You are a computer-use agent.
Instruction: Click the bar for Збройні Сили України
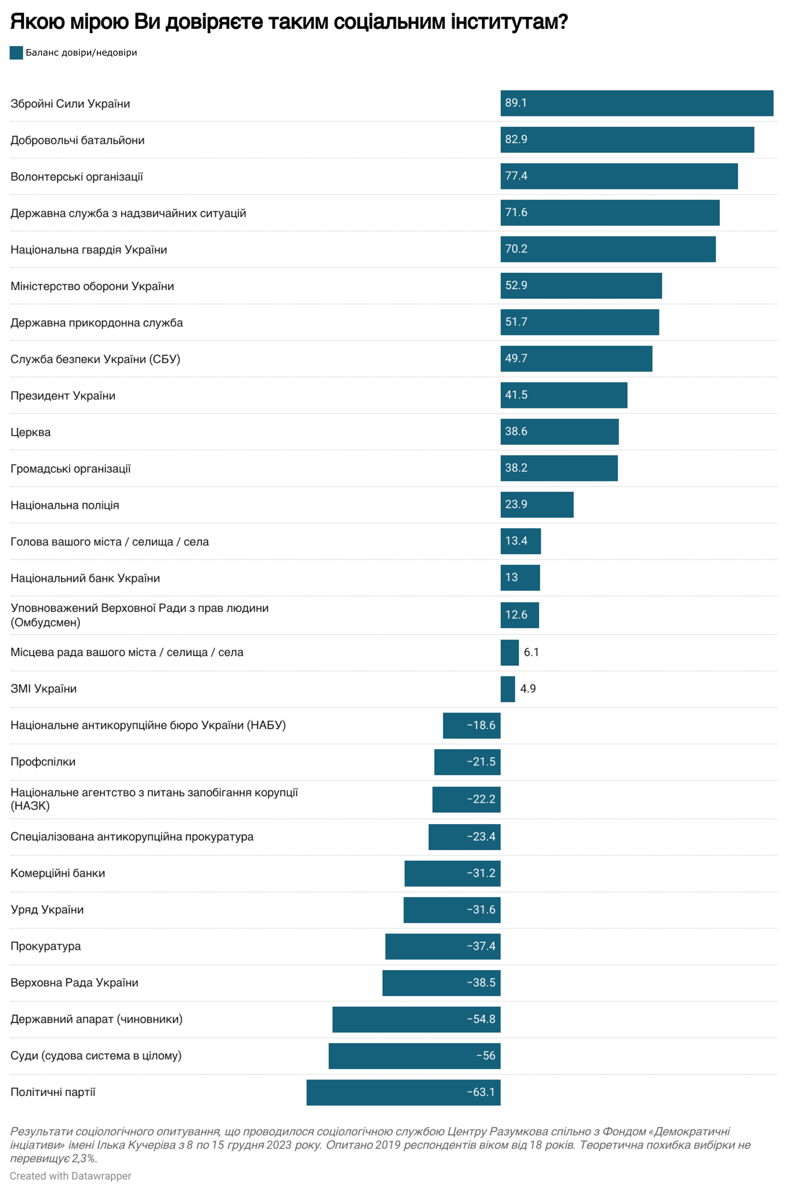click(x=636, y=103)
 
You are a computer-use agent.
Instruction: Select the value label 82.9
click(x=516, y=139)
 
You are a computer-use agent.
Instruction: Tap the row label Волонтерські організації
click(x=76, y=177)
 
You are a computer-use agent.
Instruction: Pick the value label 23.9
click(x=516, y=504)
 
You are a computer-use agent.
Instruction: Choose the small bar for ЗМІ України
click(x=507, y=689)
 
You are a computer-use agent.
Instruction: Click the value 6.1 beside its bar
click(x=531, y=652)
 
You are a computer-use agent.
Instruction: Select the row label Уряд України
click(x=47, y=909)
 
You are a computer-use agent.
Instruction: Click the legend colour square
click(x=16, y=53)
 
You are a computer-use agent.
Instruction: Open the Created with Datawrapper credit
click(x=70, y=1176)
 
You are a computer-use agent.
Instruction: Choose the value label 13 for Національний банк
click(x=512, y=577)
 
